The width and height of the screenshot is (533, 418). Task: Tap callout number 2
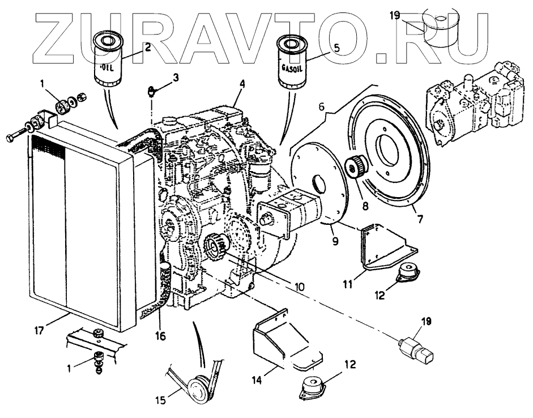click(147, 48)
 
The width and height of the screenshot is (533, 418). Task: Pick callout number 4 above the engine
click(242, 84)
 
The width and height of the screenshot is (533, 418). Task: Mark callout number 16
click(161, 335)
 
